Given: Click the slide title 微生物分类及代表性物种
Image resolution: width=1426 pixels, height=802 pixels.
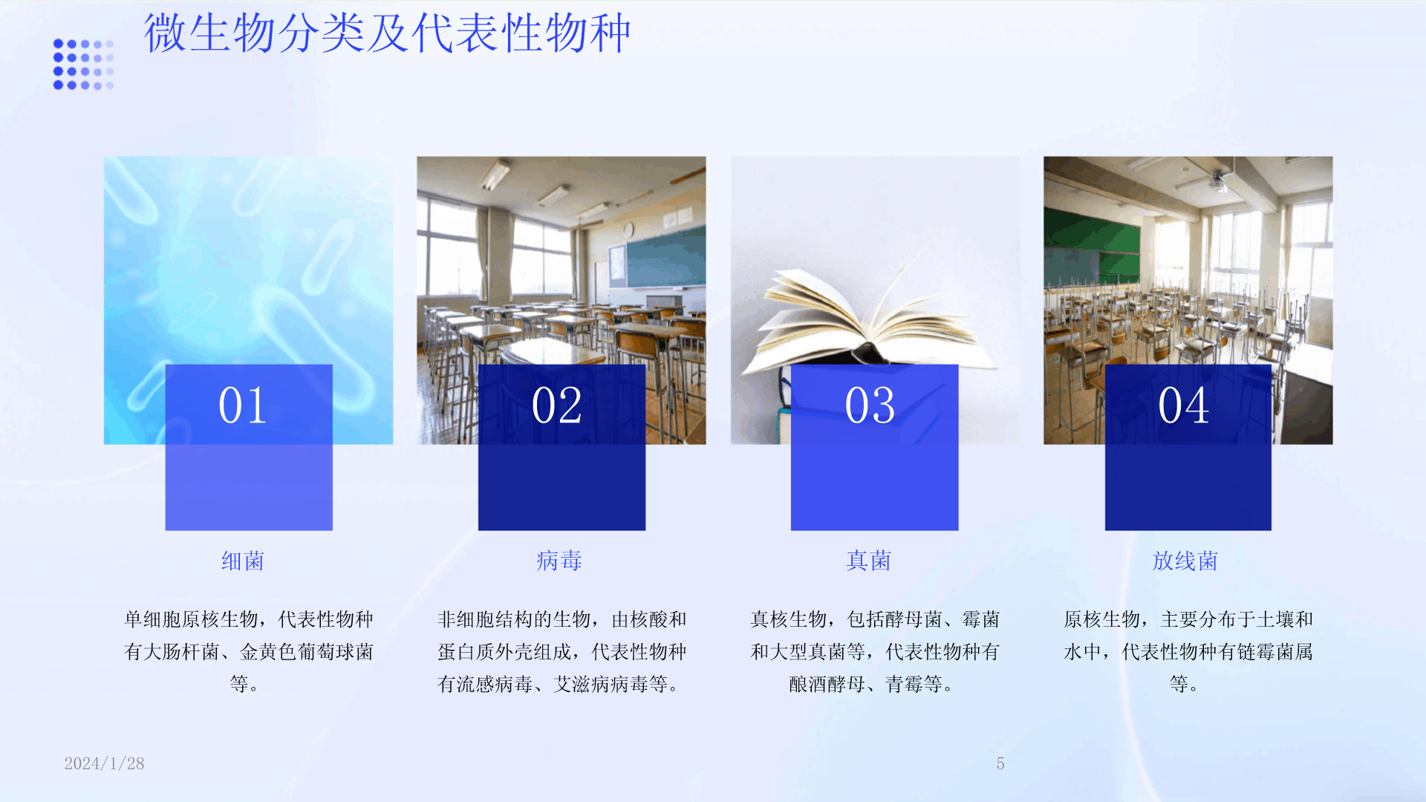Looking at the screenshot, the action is click(x=387, y=33).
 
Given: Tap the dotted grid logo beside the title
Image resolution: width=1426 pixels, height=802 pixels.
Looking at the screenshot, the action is click(x=83, y=65).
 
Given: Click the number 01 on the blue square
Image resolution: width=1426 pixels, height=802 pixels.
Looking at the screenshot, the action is click(x=243, y=405).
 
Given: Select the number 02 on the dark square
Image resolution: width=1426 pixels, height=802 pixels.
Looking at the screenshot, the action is click(x=557, y=405).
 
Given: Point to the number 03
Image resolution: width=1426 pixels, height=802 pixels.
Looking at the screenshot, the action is click(x=870, y=405).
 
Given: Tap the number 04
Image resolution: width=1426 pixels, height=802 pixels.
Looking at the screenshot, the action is click(x=1184, y=405).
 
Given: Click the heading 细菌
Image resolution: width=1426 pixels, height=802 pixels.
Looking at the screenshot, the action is click(x=243, y=561).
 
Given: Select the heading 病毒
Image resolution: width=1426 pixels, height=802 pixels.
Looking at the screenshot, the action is click(x=559, y=561).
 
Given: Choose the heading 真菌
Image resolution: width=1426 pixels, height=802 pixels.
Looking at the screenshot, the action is click(x=869, y=561).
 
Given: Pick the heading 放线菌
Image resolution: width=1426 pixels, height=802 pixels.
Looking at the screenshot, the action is click(x=1185, y=561).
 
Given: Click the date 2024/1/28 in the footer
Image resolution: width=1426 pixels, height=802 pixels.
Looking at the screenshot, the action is click(x=104, y=763).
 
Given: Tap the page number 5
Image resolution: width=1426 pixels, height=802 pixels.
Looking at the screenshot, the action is click(x=1000, y=763).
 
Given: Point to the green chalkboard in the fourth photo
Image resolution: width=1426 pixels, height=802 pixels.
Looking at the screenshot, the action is click(x=1091, y=245).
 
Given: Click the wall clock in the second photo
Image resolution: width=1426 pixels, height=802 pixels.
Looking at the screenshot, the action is click(x=628, y=229).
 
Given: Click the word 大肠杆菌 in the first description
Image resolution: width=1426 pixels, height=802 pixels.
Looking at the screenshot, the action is click(x=181, y=652).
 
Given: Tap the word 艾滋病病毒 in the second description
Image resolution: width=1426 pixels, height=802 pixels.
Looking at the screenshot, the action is click(x=601, y=684).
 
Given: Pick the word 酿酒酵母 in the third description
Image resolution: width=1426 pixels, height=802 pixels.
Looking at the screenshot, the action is click(x=827, y=684).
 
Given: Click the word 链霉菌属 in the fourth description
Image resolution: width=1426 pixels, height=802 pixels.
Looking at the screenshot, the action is click(x=1274, y=652).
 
